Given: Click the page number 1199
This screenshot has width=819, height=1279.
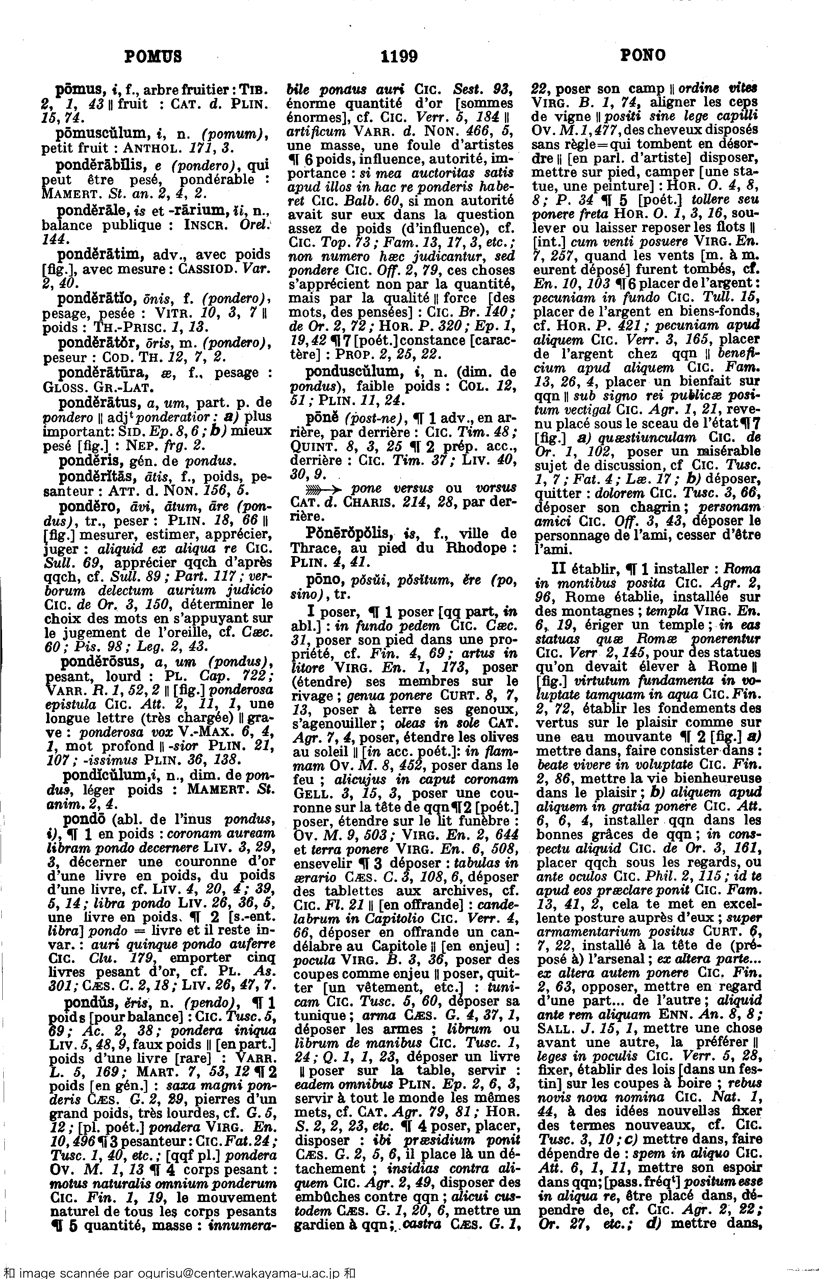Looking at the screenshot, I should (x=400, y=55).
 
